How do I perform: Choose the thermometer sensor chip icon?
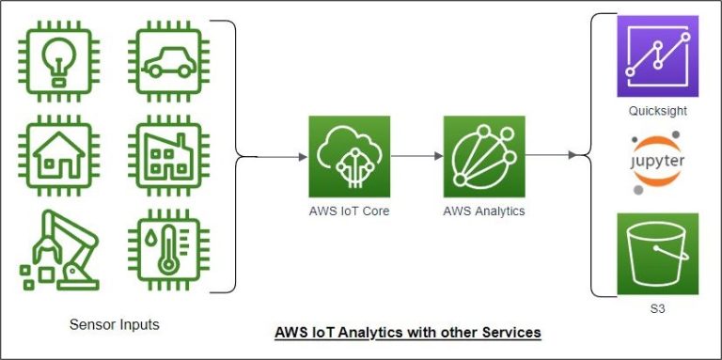tap(169, 251)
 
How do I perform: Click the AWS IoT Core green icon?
tap(349, 156)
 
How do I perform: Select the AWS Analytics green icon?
tap(484, 156)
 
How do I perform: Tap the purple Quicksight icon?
tap(657, 56)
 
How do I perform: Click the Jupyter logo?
tap(657, 163)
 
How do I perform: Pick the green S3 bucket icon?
tap(657, 254)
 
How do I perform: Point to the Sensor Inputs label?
tap(115, 325)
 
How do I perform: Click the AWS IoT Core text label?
tap(349, 211)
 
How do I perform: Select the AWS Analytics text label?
tap(484, 211)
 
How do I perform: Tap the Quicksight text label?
tap(657, 111)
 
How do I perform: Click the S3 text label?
tap(657, 308)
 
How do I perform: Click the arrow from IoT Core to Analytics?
tap(416, 156)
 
